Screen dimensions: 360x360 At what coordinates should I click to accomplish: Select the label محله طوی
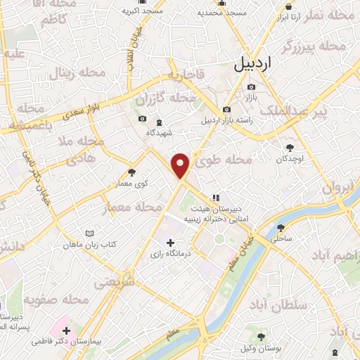tap(223, 162)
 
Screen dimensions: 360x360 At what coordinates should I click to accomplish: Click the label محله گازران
tap(160, 98)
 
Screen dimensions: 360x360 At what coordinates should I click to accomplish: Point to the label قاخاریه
tap(185, 74)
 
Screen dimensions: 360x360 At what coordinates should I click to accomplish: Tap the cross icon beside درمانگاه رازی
tap(169, 243)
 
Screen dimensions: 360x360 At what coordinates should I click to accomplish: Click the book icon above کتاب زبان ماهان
tap(89, 233)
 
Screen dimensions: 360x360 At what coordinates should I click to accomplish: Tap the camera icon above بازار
tap(251, 87)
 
